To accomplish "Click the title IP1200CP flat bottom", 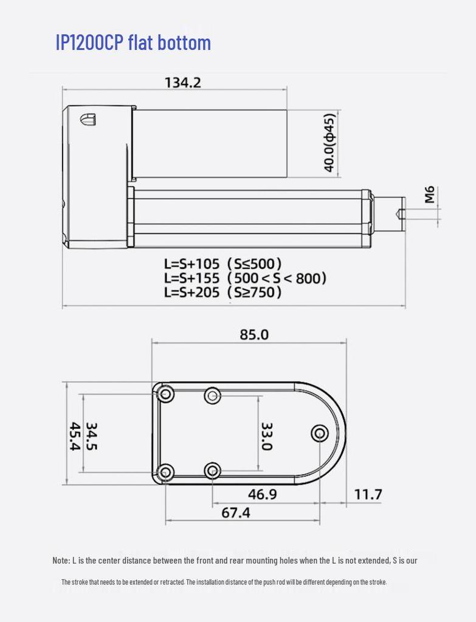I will (133, 43).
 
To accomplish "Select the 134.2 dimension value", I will (182, 83).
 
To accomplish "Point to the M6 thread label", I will (430, 195).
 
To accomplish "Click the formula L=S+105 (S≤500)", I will (222, 264).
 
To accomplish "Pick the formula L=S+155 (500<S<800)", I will (244, 278).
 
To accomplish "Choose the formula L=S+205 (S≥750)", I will (222, 292).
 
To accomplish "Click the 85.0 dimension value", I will (254, 335).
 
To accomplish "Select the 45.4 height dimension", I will (74, 436).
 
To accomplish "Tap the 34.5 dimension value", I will (92, 436).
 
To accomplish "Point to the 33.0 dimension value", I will (266, 436).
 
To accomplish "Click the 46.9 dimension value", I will (262, 494).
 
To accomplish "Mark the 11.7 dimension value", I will (368, 494).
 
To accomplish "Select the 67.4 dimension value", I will (235, 513).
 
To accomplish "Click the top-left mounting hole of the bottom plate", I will (165, 394).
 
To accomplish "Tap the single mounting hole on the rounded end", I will (320, 433).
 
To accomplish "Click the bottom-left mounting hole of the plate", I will (165, 472).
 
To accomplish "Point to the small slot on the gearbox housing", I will (88, 118).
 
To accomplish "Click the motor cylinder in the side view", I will (210, 143).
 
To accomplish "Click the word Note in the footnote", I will (61, 560).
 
